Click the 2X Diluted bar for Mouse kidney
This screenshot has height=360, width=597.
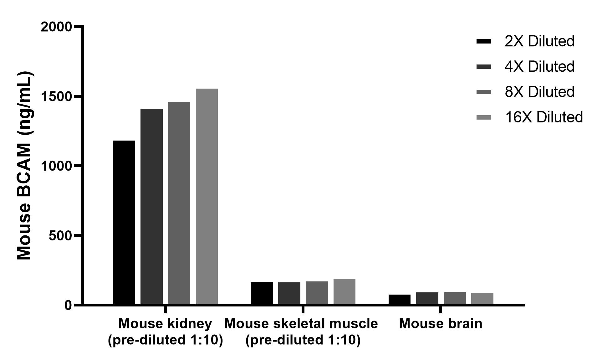click(124, 222)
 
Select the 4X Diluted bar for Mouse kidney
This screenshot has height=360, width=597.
click(151, 207)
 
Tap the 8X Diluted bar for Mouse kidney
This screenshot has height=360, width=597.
click(179, 203)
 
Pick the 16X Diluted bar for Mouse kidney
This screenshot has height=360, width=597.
click(207, 196)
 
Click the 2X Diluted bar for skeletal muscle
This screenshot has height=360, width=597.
click(262, 293)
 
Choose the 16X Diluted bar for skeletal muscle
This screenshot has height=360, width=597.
click(344, 291)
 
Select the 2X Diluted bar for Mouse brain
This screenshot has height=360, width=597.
click(400, 299)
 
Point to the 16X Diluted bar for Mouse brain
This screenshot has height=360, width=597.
click(482, 298)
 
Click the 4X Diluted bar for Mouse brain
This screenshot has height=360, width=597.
click(427, 298)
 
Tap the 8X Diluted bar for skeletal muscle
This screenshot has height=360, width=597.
click(317, 293)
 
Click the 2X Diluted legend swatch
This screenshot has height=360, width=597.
click(484, 41)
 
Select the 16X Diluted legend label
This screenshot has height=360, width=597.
click(544, 117)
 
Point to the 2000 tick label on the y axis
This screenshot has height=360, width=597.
click(56, 27)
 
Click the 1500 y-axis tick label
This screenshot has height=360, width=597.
click(56, 96)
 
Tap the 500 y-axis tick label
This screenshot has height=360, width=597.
click(60, 235)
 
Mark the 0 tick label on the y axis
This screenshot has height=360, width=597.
click(68, 305)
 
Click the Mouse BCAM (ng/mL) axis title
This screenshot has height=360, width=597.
click(24, 166)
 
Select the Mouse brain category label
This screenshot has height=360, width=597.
click(441, 324)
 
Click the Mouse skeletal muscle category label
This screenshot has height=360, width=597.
click(301, 324)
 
